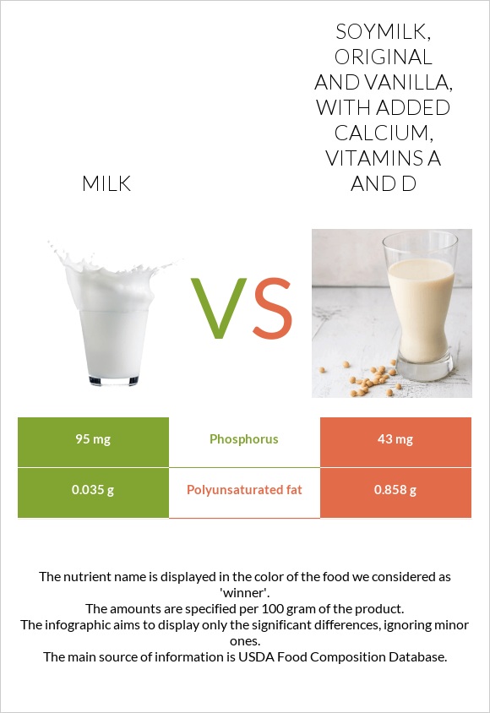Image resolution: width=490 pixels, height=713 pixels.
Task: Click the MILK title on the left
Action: point(106,183)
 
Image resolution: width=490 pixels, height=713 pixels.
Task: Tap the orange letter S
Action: point(273,308)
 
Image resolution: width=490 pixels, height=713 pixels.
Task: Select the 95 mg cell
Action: point(93,439)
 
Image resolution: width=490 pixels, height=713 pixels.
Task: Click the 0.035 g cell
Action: point(93,490)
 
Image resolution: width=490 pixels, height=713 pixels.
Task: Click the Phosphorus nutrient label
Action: point(244,439)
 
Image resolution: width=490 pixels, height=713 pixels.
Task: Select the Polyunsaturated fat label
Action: point(244,490)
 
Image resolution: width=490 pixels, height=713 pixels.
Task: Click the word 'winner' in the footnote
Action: point(244,592)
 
